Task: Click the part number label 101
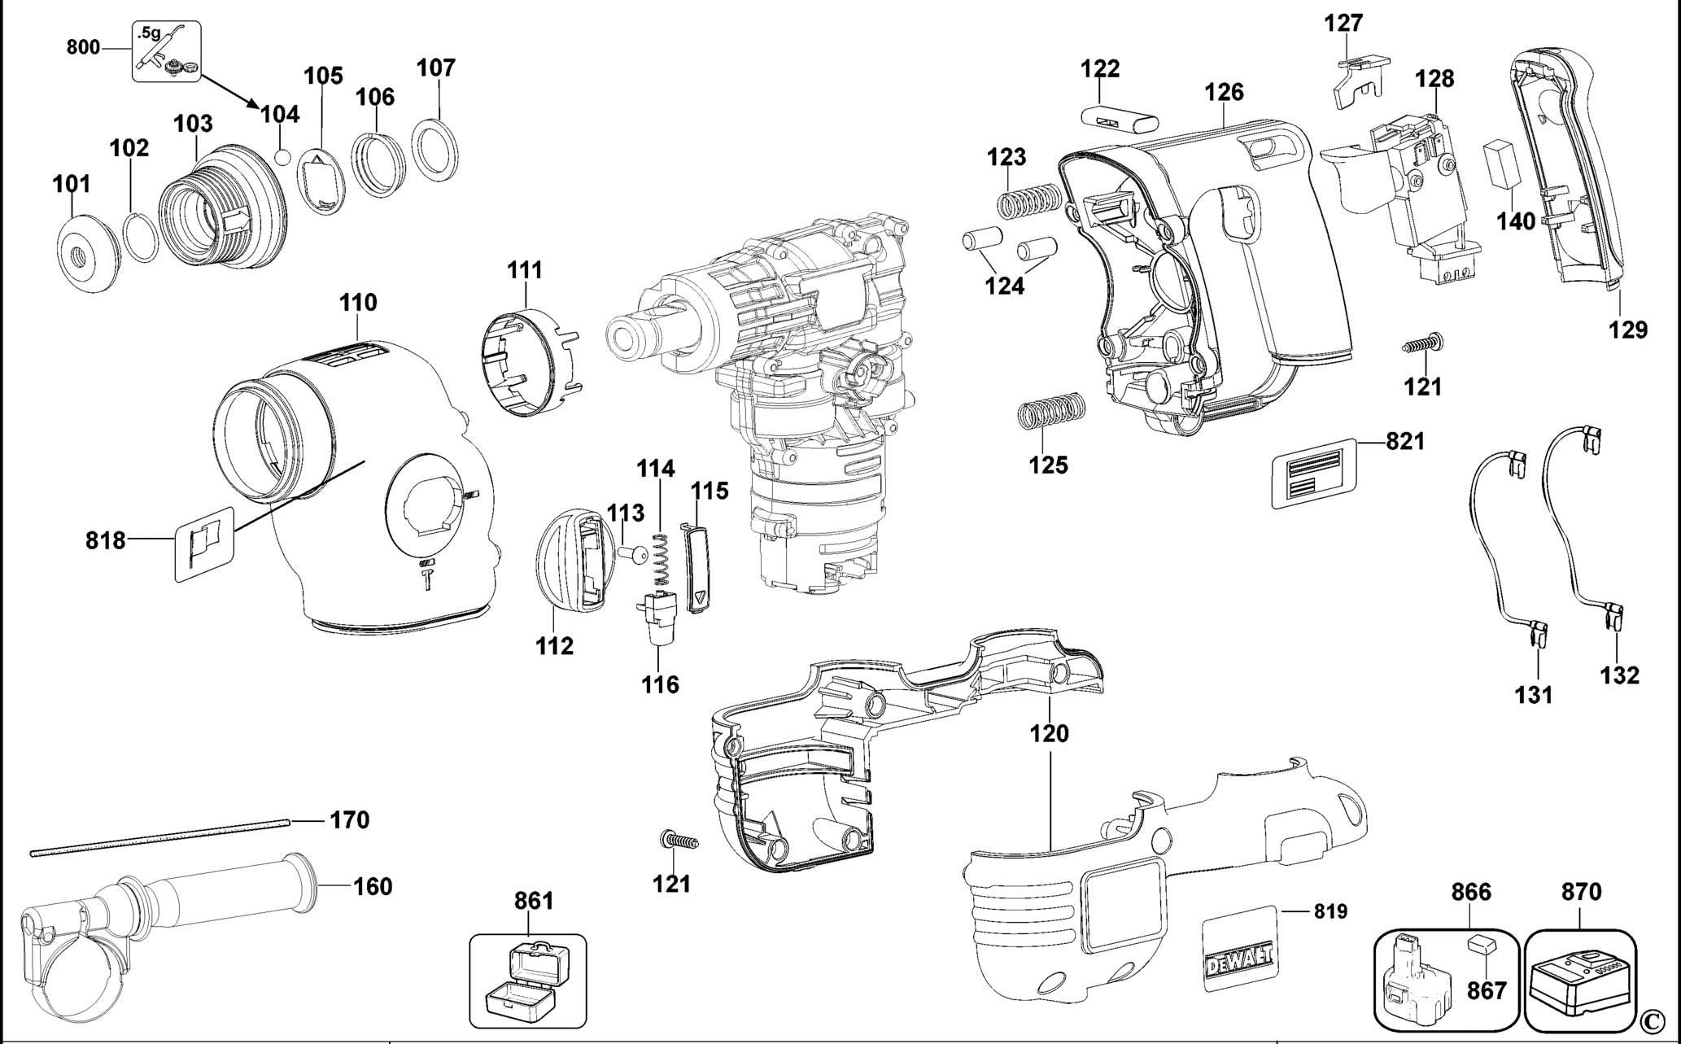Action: click(x=72, y=184)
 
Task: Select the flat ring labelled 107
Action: click(x=434, y=150)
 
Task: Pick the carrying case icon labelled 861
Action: click(x=527, y=981)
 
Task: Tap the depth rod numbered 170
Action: click(x=159, y=837)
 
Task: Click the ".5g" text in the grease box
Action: click(x=149, y=33)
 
